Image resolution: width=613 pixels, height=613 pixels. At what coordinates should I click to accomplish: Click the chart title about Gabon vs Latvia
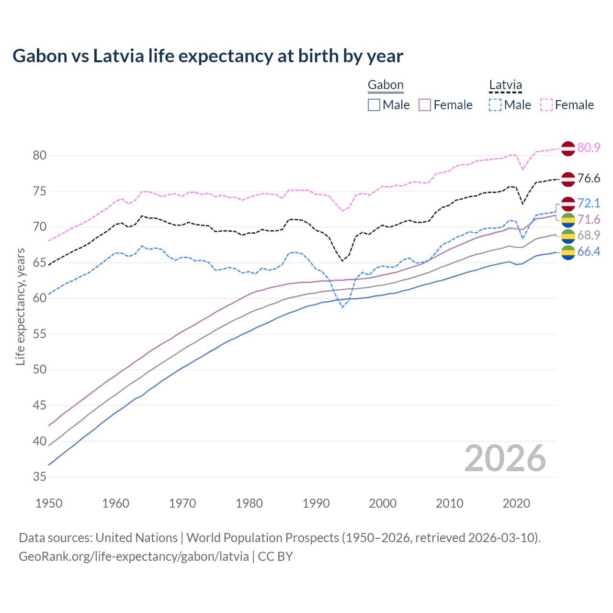point(208,56)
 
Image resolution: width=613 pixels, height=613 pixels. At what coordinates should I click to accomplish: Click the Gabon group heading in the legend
point(386,85)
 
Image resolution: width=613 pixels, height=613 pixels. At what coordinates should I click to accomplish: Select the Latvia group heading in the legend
point(505,85)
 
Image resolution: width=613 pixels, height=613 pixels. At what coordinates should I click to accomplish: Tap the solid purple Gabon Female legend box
point(425,105)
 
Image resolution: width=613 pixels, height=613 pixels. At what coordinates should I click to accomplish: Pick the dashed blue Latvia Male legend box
point(495,105)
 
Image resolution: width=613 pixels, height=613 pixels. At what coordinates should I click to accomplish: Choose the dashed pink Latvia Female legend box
point(546,105)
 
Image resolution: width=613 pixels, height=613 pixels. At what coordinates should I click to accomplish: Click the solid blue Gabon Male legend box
point(374,105)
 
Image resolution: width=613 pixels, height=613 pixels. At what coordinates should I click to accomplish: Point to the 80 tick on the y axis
point(39,155)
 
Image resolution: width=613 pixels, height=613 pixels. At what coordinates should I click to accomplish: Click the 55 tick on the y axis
point(39,334)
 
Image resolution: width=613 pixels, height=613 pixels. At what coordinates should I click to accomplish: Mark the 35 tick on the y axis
point(39,477)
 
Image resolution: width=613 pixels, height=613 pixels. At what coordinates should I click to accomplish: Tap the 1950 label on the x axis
point(49,503)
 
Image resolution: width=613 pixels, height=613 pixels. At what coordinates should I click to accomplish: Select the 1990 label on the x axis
point(316,503)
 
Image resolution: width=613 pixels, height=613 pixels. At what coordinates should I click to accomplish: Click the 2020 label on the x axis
point(516,503)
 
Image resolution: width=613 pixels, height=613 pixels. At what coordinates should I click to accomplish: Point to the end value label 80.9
point(589,148)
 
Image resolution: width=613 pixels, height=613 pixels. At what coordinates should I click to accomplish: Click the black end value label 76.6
point(589,179)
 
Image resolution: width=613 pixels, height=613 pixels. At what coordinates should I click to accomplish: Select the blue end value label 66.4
point(589,252)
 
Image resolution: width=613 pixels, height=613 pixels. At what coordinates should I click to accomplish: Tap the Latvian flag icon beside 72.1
point(568,204)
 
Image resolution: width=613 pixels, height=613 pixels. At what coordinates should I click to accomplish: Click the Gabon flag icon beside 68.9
point(568,236)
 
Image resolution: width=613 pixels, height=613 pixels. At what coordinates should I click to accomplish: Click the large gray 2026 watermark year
point(505,458)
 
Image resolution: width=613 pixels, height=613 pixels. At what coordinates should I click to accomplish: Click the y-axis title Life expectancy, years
point(20,306)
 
